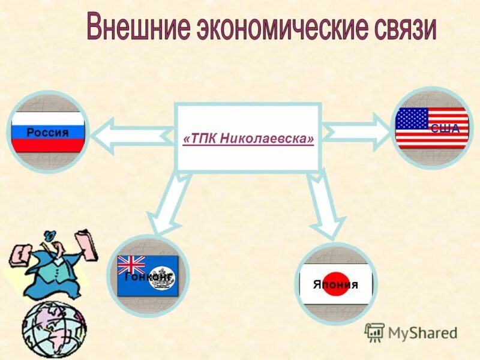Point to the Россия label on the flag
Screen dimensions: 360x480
click(x=48, y=133)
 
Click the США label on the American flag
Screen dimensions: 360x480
click(x=445, y=128)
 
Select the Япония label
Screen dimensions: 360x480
click(x=335, y=284)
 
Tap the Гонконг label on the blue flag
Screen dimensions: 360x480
click(x=148, y=277)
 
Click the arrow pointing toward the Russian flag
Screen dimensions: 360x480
click(x=129, y=134)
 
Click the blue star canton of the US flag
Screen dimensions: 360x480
click(x=412, y=119)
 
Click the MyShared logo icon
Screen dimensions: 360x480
click(x=374, y=332)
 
